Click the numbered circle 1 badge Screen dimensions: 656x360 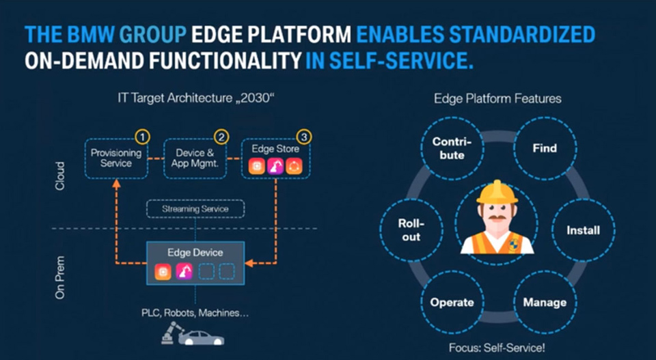(143, 137)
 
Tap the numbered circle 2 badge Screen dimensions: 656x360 (221, 137)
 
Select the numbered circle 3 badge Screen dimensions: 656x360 (303, 137)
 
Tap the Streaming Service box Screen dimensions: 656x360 (195, 209)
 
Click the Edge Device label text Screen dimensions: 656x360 (195, 253)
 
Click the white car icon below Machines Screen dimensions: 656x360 (201, 338)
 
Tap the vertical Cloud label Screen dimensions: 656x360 (60, 176)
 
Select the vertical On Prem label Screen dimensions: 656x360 (60, 277)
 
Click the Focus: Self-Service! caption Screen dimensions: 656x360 (497, 348)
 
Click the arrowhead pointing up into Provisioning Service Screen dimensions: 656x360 (116, 184)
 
